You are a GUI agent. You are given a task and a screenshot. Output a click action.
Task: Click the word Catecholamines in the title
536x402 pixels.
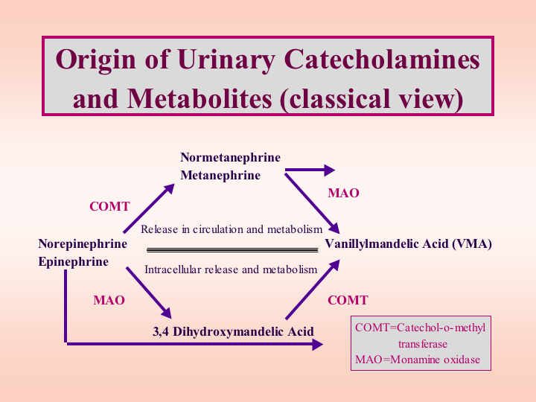382,60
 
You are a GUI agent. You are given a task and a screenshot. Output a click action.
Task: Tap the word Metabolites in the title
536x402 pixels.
200,99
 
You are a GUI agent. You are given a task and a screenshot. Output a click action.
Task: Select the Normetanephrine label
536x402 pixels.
230,158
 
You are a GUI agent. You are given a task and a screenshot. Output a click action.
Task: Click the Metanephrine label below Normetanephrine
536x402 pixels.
220,176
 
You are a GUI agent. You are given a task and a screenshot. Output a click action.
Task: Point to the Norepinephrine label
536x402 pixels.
83,244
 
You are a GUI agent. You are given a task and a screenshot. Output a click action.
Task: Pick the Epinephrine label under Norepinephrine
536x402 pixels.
74,262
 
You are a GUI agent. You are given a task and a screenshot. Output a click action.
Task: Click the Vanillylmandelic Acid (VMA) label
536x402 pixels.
408,244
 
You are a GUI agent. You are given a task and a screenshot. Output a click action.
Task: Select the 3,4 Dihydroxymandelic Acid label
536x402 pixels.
233,331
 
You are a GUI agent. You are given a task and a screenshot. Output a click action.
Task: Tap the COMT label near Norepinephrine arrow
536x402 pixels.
109,206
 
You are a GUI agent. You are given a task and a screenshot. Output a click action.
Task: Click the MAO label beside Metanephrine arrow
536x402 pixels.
343,193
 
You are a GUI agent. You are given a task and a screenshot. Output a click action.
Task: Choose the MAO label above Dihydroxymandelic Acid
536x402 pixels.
109,301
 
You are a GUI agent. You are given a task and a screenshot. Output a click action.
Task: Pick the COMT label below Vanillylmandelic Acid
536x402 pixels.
348,300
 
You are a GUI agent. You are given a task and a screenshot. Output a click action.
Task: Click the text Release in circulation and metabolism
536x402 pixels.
232,229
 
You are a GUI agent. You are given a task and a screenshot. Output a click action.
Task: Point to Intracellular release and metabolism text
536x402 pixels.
231,269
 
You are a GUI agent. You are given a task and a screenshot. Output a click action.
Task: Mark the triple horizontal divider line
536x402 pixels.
232,250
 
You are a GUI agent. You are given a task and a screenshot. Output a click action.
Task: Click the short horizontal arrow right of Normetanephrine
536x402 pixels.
310,170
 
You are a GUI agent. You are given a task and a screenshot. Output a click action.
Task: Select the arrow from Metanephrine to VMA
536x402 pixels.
312,203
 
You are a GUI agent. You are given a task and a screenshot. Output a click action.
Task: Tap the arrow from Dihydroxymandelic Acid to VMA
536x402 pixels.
313,290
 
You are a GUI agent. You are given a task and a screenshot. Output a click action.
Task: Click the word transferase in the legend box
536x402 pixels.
423,344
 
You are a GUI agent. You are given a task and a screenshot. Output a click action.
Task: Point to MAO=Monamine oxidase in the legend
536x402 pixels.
418,360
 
